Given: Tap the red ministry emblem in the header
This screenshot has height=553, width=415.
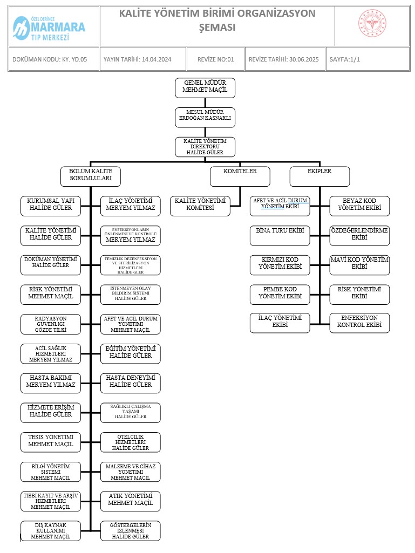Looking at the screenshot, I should click(372, 25).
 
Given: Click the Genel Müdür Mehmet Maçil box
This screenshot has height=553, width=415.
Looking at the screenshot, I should click(205, 88).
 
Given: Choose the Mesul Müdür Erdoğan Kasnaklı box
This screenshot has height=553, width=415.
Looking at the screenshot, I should click(205, 117).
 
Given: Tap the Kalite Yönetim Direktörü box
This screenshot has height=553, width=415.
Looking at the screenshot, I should click(205, 147).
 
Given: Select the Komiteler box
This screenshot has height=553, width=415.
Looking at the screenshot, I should click(240, 176).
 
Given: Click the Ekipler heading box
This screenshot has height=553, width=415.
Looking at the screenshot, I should click(319, 176).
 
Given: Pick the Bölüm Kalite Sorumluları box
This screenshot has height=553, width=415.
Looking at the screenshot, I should click(90, 176).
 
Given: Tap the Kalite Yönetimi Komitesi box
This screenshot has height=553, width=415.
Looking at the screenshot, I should click(200, 205).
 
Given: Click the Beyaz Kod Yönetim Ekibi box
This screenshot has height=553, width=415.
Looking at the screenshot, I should click(359, 205).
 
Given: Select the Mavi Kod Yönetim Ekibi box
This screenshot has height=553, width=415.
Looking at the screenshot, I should click(359, 264).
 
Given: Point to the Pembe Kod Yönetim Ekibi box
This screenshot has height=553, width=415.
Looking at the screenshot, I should click(280, 293).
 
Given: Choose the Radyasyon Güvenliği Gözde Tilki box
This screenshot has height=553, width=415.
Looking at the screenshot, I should click(50, 323).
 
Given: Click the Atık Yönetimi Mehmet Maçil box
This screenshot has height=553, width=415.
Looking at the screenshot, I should click(131, 500).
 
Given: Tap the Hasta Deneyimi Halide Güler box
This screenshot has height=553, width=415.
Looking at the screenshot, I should click(131, 382).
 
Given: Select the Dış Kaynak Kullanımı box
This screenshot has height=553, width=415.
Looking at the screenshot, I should click(50, 530).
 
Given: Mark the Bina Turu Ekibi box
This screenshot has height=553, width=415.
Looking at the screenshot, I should click(280, 235).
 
